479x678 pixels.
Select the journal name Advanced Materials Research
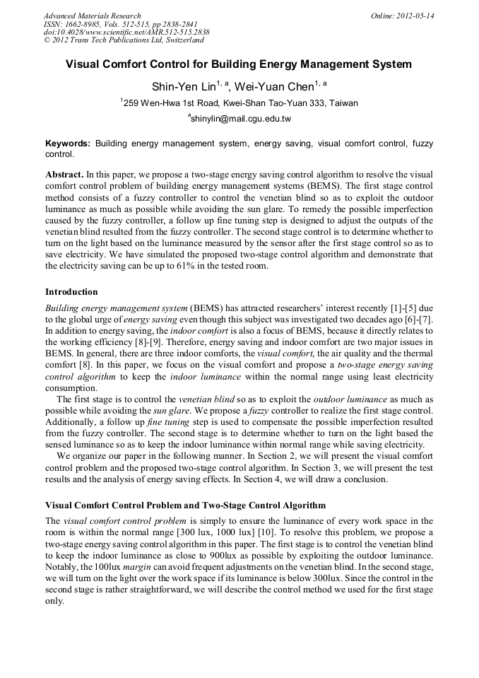[x=93, y=16]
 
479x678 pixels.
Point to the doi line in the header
[x=126, y=32]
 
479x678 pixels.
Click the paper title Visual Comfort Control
[x=239, y=64]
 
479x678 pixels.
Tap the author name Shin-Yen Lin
[x=179, y=87]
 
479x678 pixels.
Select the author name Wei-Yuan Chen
[x=272, y=87]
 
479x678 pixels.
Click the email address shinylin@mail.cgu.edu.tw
[x=240, y=119]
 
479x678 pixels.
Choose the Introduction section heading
[x=71, y=291]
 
